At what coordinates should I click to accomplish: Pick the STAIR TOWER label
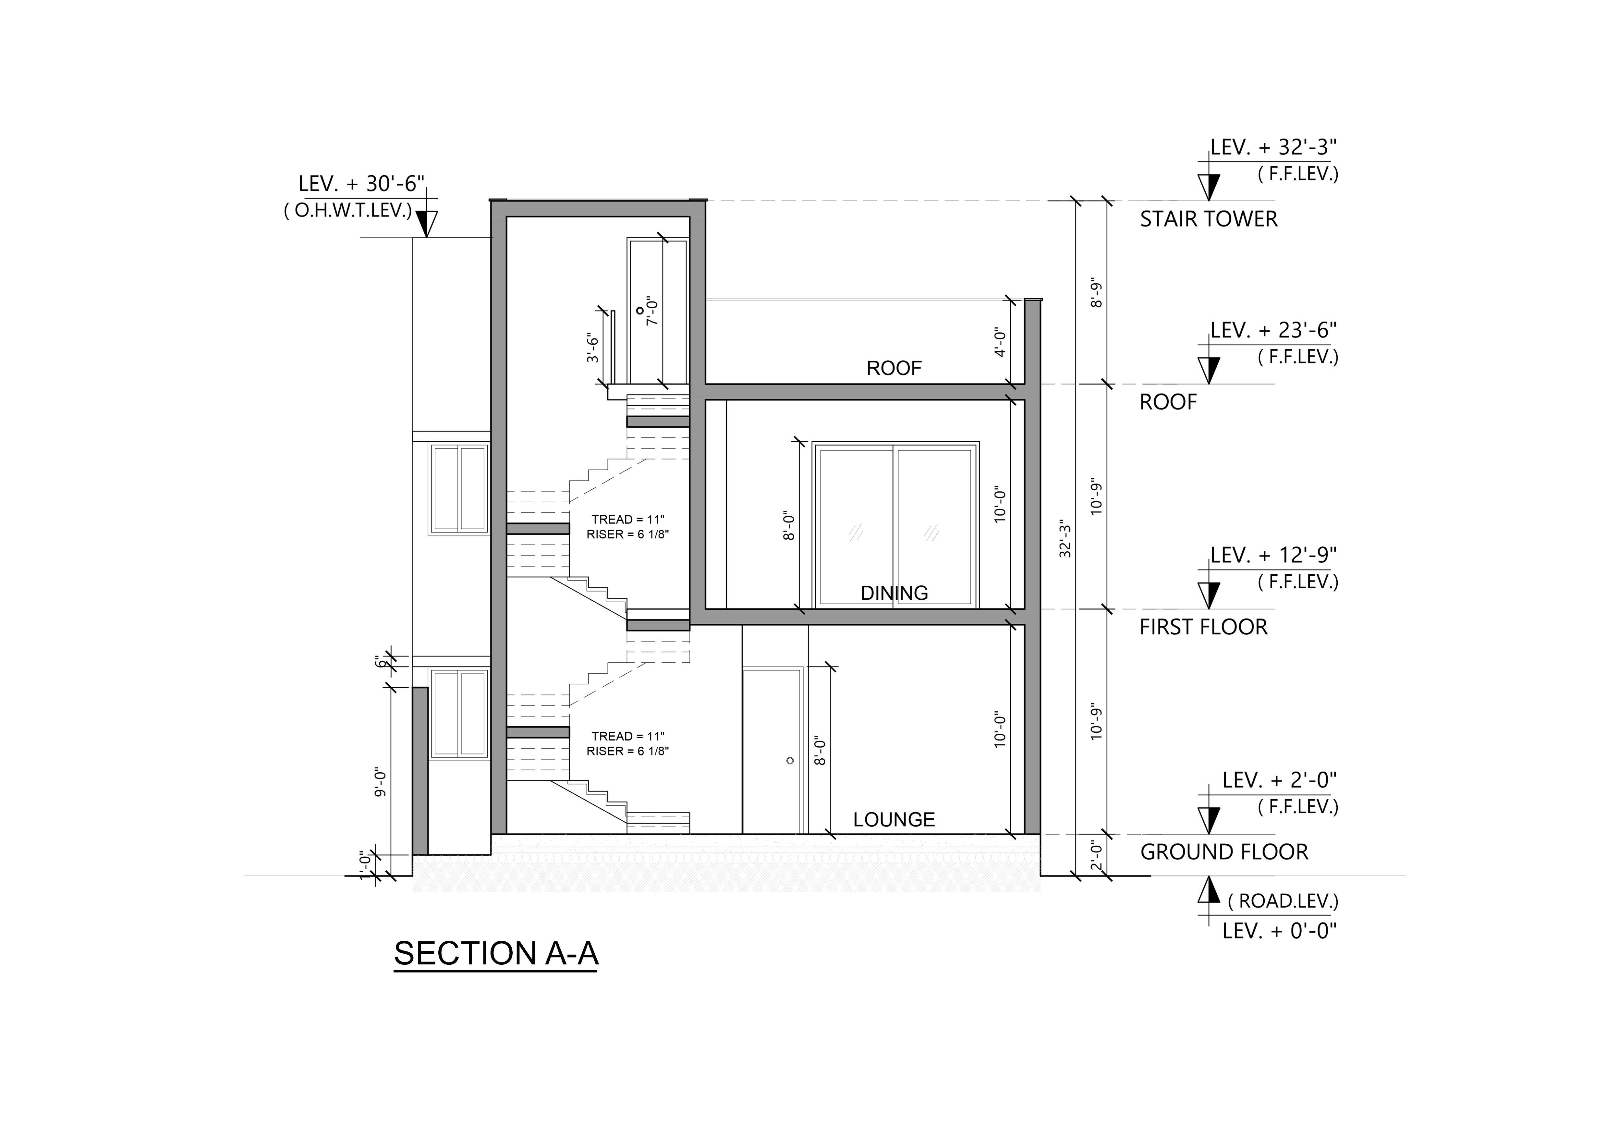pyautogui.click(x=1208, y=219)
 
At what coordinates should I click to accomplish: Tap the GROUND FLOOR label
pyautogui.click(x=1224, y=852)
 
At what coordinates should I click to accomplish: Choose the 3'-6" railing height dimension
pyautogui.click(x=593, y=348)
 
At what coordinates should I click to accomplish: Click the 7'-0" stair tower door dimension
pyautogui.click(x=652, y=311)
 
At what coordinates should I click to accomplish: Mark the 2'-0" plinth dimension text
pyautogui.click(x=1097, y=856)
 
